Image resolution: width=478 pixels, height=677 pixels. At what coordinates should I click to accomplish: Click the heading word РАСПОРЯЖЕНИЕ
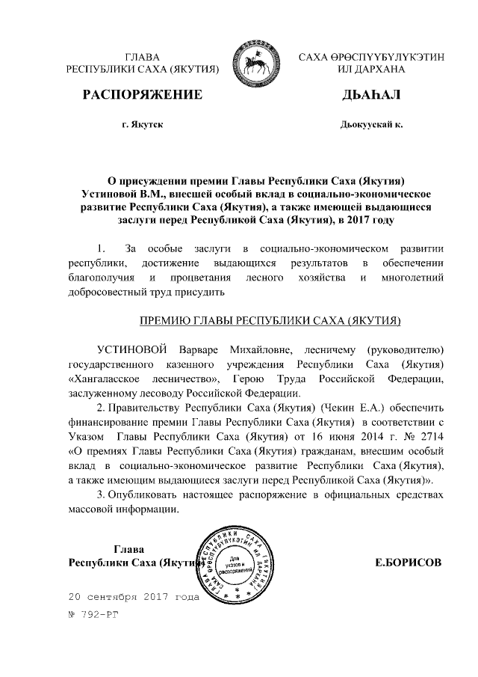point(143,94)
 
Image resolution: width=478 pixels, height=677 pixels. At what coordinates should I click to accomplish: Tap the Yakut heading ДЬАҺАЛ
point(371,94)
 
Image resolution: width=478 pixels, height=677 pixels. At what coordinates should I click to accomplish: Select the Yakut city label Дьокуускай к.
point(370,124)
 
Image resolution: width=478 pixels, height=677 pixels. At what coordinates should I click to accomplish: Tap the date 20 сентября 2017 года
point(133,598)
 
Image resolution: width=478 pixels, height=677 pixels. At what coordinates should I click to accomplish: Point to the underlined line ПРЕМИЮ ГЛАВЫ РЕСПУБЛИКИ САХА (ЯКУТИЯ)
point(271,320)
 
